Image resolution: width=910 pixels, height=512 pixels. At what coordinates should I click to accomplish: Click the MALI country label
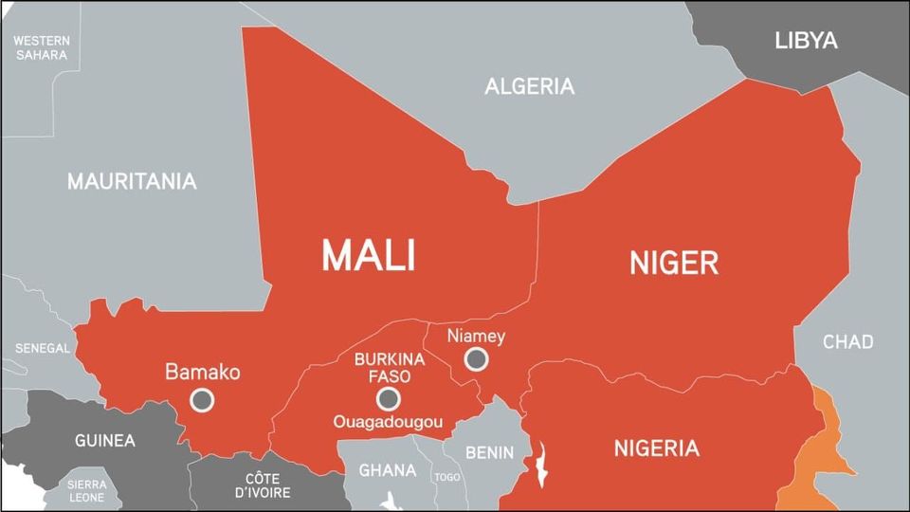[x=368, y=255]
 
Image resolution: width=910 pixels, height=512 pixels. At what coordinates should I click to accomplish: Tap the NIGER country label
[x=674, y=263]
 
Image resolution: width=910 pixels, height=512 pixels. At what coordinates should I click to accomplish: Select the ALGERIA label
[x=529, y=86]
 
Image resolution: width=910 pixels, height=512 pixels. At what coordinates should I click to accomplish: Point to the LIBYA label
[x=806, y=41]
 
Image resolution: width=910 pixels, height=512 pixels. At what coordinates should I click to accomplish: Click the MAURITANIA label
[x=132, y=181]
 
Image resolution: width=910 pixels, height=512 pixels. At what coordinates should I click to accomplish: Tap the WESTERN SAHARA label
[x=41, y=47]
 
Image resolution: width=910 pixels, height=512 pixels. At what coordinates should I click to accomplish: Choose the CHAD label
[x=847, y=341]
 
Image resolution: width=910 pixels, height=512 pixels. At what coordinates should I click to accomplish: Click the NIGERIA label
[x=656, y=448]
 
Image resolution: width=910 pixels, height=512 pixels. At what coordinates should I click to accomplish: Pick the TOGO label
[x=446, y=477]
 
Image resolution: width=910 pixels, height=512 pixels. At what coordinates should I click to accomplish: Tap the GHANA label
[x=388, y=470]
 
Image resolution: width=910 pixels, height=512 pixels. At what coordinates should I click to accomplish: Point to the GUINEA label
[x=104, y=441]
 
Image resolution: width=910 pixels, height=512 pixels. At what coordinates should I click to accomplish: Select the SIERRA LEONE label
[x=85, y=490]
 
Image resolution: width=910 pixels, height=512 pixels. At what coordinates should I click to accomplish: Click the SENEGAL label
[x=42, y=348]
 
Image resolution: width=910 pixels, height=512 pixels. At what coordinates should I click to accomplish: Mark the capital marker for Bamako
[x=202, y=400]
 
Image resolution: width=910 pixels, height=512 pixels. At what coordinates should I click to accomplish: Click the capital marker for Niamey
[x=477, y=359]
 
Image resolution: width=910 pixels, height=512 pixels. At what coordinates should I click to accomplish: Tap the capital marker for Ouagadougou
[x=387, y=398]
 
